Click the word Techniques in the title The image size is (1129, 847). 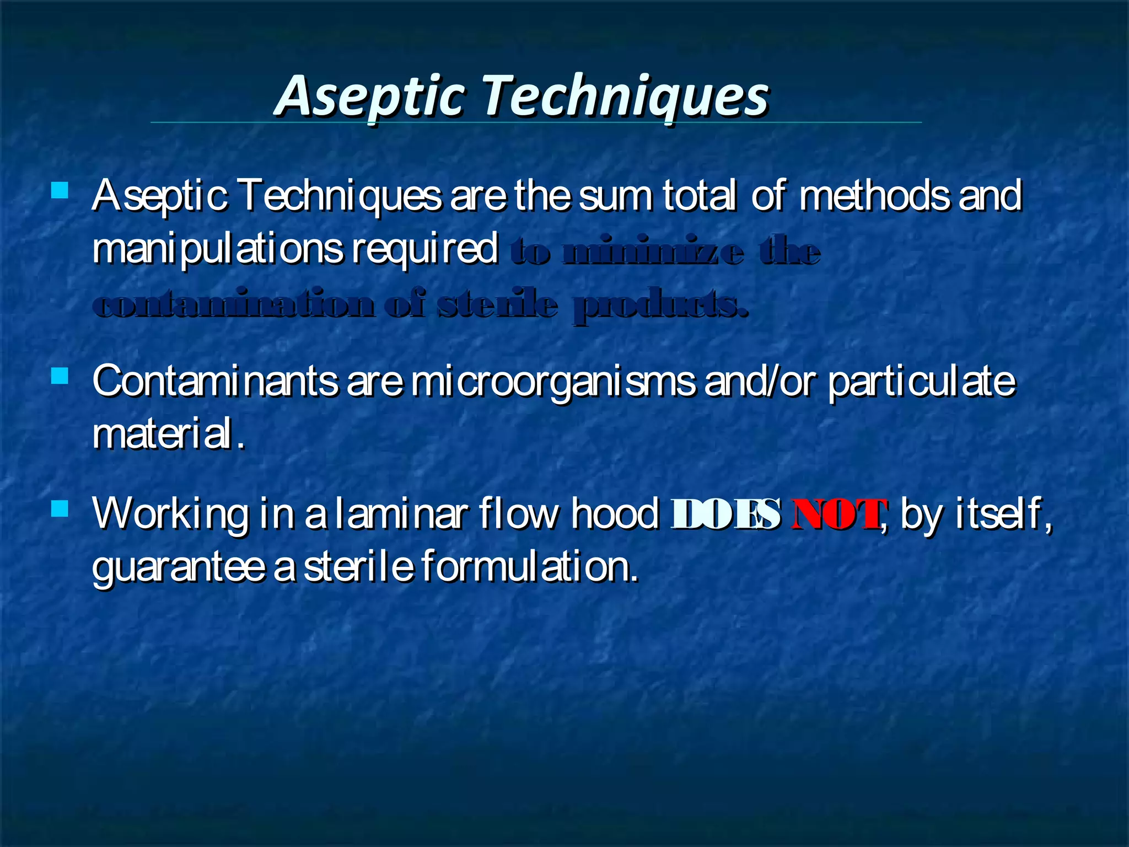point(626,97)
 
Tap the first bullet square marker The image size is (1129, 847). point(59,191)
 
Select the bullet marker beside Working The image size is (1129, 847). point(59,508)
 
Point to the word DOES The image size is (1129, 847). point(725,514)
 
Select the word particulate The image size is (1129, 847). point(922,382)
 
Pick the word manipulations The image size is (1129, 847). point(218,250)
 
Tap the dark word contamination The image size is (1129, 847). point(234,305)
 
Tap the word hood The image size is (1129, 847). point(615,513)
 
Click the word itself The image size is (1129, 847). point(998,513)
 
